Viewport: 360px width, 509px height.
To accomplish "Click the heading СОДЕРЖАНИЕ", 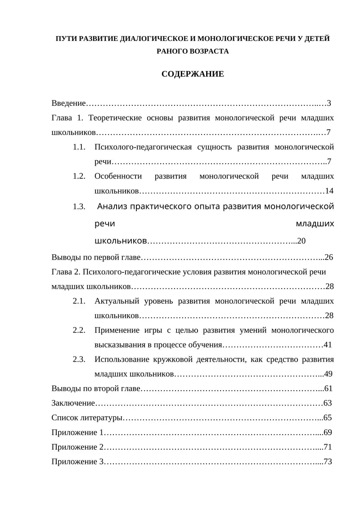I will coord(193,74).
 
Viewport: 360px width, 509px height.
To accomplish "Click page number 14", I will coord(329,191).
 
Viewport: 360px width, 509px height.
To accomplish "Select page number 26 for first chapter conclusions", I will coord(328,257).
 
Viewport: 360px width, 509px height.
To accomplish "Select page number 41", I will coord(328,345).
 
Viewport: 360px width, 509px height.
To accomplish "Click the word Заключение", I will coord(73,403).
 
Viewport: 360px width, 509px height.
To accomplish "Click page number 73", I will coord(328,462).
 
